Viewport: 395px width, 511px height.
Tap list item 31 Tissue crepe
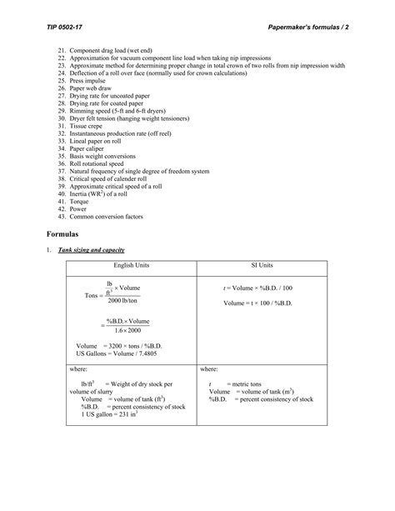pyautogui.click(x=91, y=126)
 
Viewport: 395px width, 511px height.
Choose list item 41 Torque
pyautogui.click(x=83, y=201)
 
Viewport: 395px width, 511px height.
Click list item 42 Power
pyautogui.click(x=82, y=208)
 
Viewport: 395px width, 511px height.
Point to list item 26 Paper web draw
pyautogui.click(x=95, y=88)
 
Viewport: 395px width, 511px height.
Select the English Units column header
pyautogui.click(x=131, y=265)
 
